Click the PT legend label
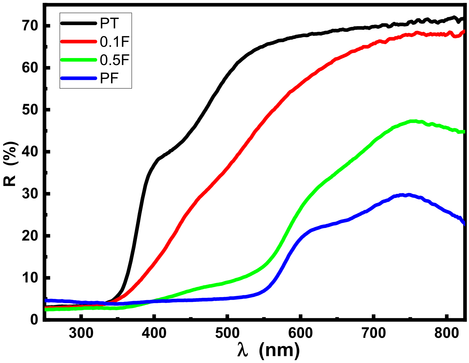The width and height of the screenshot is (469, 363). click(x=110, y=23)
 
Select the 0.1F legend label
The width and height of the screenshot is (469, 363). click(x=114, y=42)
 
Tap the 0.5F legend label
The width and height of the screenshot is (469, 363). click(x=114, y=60)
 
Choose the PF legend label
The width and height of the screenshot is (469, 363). click(x=110, y=79)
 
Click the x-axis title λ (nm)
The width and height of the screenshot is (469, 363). click(x=269, y=350)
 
